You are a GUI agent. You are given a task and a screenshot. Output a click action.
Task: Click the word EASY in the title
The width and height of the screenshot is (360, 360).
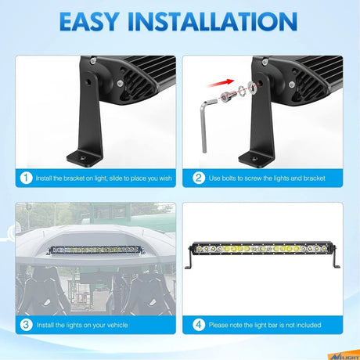89,22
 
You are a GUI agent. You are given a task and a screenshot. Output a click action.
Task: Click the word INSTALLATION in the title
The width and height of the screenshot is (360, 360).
213,22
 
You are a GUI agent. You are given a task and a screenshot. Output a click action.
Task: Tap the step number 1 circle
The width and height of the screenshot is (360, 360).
26,178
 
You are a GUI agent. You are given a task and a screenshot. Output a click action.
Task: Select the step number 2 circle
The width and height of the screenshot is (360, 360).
199,178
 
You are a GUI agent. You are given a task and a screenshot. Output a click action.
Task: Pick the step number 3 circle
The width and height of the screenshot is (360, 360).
26,325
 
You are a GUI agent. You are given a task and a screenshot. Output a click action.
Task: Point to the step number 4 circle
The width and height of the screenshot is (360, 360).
199,325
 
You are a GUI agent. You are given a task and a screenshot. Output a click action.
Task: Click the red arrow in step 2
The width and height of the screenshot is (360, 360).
221,83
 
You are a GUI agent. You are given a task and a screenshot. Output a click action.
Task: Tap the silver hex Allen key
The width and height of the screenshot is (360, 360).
207,124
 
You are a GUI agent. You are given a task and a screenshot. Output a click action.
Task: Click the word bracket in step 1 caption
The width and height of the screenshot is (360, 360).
74,178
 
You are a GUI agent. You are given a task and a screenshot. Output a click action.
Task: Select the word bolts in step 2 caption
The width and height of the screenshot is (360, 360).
229,178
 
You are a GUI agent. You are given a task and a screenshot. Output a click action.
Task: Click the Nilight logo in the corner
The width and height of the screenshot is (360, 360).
344,355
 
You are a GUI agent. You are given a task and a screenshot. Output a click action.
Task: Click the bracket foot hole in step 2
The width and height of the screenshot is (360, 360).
255,159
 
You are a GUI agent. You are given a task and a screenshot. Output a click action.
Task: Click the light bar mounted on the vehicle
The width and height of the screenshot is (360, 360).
95,250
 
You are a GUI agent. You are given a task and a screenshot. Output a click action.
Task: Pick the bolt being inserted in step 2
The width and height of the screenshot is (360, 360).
227,96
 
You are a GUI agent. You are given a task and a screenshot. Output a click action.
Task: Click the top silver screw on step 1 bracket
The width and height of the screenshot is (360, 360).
93,61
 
